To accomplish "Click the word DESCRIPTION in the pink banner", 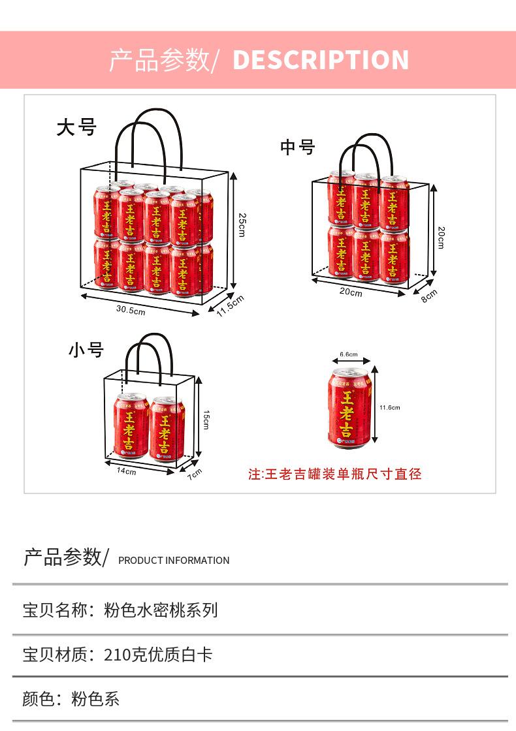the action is pos(321,59).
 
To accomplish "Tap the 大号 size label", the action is pos(76,127).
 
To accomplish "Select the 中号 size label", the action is pos(297,147).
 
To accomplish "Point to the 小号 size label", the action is pos(86,350).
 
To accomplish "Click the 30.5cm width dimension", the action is pos(131,311).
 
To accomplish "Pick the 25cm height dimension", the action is pos(242,225).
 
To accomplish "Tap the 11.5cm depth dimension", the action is pos(231,306).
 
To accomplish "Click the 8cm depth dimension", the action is pos(429,296).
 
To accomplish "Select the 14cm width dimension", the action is pos(127,471).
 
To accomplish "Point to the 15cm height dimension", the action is pos(206,420).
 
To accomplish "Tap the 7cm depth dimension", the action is pos(195,474).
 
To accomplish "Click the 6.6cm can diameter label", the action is pos(349,354).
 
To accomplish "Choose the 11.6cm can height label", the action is pos(389,407).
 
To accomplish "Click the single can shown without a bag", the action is pos(349,407).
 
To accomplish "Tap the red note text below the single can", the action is pos(335,474).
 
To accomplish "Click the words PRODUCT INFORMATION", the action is pos(174,561).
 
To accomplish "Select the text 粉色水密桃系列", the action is pos(161,610).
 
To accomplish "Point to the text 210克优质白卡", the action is pos(158,655).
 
